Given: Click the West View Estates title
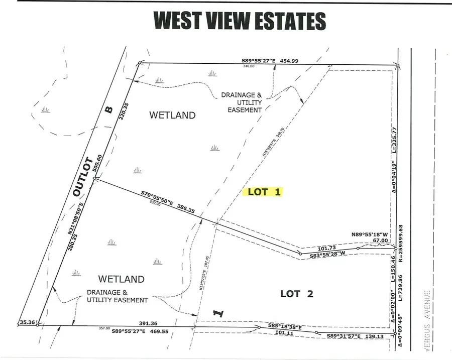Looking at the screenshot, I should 240,21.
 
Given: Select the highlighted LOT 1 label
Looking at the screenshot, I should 263,191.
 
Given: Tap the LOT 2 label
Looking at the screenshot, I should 297,294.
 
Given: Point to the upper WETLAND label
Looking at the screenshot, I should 172,115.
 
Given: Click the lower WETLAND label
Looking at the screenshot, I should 121,279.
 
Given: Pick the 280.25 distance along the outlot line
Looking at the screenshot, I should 70,238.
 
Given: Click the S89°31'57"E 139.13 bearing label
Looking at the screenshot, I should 356,336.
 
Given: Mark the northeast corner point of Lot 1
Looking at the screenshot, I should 397,65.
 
